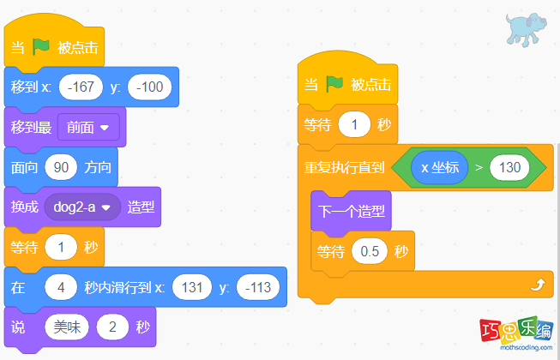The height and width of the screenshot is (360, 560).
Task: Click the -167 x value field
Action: (x=81, y=87)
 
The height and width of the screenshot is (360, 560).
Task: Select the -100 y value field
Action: (x=150, y=87)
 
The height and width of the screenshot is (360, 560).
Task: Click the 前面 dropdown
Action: (x=87, y=127)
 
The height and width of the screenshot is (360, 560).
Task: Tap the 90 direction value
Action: (x=61, y=167)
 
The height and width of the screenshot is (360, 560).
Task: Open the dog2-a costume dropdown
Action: (x=82, y=207)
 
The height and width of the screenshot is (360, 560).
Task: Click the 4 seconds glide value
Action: (x=60, y=287)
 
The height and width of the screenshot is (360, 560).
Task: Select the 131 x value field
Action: (x=191, y=287)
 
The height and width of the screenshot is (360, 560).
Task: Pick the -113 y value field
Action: (x=256, y=287)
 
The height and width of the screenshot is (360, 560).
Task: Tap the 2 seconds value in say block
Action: (x=112, y=327)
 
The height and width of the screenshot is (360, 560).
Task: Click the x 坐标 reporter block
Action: (x=439, y=167)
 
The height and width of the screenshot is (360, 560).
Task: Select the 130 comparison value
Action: (x=509, y=167)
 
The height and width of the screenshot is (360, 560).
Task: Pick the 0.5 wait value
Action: (x=370, y=252)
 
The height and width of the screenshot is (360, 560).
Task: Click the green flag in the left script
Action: (x=41, y=48)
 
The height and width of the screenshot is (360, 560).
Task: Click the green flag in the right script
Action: (x=334, y=85)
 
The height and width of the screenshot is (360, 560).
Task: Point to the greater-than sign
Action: (x=478, y=167)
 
